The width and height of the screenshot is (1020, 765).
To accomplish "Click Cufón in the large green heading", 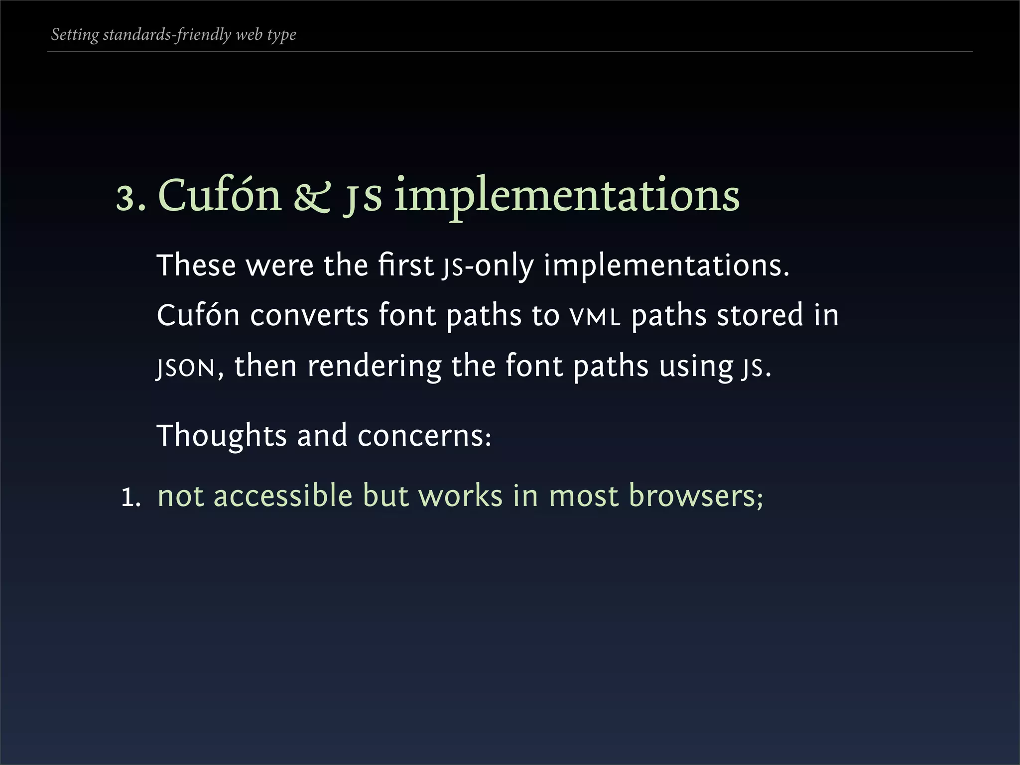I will click(x=220, y=195).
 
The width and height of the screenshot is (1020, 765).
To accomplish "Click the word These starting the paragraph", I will click(x=196, y=265).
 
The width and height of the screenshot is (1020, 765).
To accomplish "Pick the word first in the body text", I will click(x=405, y=265).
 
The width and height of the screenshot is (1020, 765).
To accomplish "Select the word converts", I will click(x=309, y=316).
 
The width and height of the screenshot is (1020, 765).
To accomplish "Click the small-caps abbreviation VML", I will click(x=595, y=317).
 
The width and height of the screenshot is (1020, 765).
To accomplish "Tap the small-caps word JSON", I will click(x=185, y=368).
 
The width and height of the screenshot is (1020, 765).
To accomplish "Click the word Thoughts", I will click(x=222, y=436).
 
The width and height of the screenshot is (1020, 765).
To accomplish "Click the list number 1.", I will click(x=130, y=498).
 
